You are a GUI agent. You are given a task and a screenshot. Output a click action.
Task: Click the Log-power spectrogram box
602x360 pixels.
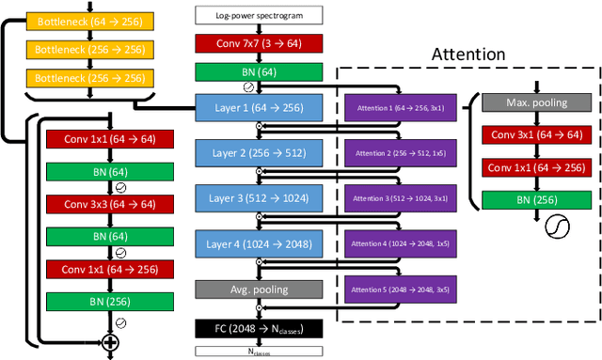pyautogui.click(x=259, y=15)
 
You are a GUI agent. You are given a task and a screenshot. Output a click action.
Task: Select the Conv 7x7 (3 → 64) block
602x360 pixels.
pyautogui.click(x=259, y=43)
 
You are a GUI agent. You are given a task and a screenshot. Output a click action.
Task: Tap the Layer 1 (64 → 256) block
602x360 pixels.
pyautogui.click(x=259, y=107)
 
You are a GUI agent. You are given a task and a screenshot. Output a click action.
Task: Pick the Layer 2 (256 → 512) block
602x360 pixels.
pyautogui.click(x=259, y=152)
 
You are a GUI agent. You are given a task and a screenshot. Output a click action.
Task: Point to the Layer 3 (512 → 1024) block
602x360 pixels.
pyautogui.click(x=259, y=198)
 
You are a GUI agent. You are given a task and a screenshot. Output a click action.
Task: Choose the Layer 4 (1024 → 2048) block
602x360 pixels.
pyautogui.click(x=259, y=244)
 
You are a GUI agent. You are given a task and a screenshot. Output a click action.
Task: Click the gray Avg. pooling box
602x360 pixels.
pyautogui.click(x=259, y=290)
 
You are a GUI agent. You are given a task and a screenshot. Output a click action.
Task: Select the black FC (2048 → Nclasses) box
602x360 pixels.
pyautogui.click(x=259, y=328)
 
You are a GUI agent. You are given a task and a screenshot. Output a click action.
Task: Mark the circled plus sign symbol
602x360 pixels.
pyautogui.click(x=111, y=344)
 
